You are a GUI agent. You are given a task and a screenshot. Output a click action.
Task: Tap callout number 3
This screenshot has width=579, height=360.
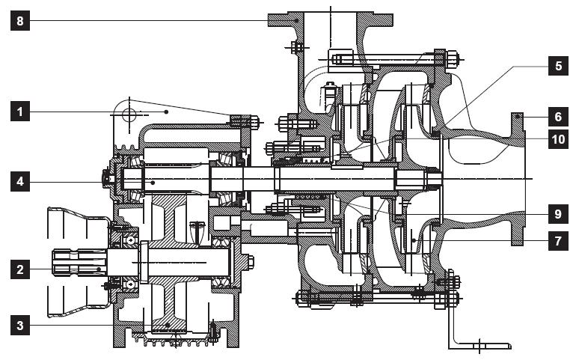pyautogui.click(x=20, y=325)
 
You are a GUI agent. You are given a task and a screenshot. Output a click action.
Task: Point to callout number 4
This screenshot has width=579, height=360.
pyautogui.click(x=20, y=180)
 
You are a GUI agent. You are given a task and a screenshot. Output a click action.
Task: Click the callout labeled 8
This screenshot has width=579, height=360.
pyautogui.click(x=20, y=22)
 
